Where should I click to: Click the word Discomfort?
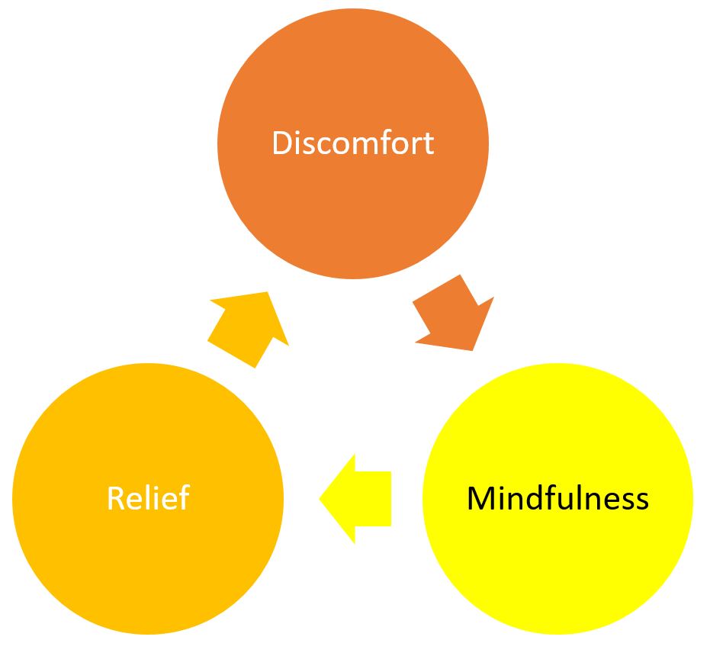point(353,143)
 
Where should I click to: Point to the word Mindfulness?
point(557,499)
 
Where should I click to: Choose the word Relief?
point(148,498)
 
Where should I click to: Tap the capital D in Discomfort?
point(282,143)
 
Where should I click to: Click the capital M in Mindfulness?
point(480,499)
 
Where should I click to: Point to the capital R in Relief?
point(115,498)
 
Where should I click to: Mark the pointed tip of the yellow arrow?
point(321,500)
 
